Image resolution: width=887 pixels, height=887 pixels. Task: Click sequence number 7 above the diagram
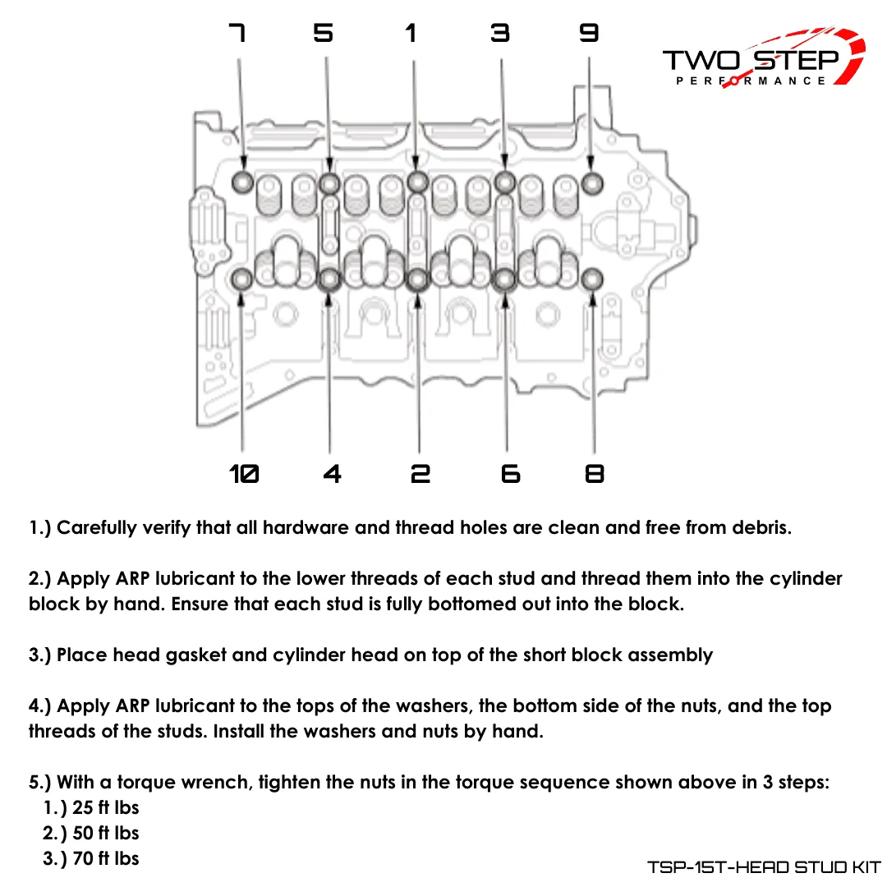click(237, 33)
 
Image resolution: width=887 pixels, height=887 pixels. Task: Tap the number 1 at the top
click(411, 33)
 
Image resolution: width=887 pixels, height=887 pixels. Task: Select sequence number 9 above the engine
click(589, 33)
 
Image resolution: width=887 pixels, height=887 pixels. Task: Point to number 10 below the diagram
click(244, 474)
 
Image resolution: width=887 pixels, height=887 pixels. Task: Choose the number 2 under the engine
click(421, 474)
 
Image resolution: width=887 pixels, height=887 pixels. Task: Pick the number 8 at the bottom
click(595, 474)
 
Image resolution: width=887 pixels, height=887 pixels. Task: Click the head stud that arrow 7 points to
click(243, 182)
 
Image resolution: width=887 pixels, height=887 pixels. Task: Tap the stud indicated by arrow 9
click(592, 183)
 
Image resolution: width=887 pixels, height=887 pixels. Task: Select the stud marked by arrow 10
click(242, 279)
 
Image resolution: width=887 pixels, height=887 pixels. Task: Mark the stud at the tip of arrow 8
click(592, 279)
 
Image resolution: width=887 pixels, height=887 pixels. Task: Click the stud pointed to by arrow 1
click(417, 182)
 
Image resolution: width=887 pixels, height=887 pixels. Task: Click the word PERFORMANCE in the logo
click(751, 80)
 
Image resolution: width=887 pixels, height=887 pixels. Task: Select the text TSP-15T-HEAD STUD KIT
click(764, 866)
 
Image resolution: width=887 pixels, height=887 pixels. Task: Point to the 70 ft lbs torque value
click(106, 859)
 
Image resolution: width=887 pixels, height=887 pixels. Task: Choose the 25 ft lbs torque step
click(106, 808)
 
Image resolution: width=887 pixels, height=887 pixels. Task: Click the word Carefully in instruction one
click(97, 528)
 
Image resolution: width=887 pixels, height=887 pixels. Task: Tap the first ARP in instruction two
click(132, 579)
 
